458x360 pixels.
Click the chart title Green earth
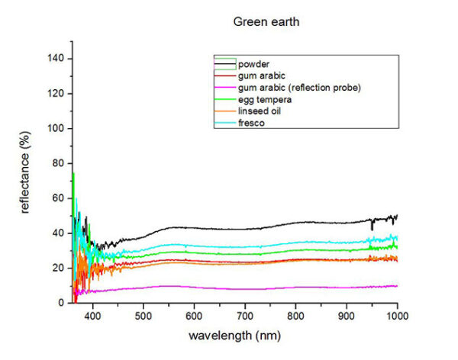click(266, 21)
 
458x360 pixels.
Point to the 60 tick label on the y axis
click(55, 198)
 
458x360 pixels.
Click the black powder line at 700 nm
click(245, 229)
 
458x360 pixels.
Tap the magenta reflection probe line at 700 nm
click(245, 289)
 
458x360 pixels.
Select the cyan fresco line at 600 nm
click(194, 245)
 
